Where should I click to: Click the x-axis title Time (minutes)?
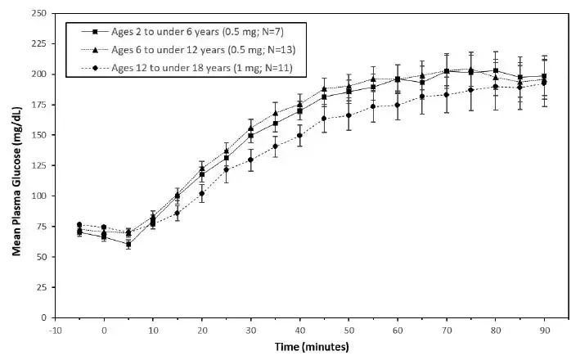[312, 347]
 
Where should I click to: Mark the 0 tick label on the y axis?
[41, 317]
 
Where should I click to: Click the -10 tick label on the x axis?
[55, 331]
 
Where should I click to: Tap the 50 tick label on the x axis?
[349, 331]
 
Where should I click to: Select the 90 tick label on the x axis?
[545, 331]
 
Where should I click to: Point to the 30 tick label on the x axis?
[251, 331]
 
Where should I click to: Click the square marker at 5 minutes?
[128, 244]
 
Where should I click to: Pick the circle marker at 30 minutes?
[251, 160]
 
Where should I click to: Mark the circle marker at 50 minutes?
[348, 115]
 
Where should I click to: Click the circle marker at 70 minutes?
[447, 95]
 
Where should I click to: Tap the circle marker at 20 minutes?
[202, 194]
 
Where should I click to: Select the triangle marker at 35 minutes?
[276, 113]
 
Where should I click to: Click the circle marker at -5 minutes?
[79, 225]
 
